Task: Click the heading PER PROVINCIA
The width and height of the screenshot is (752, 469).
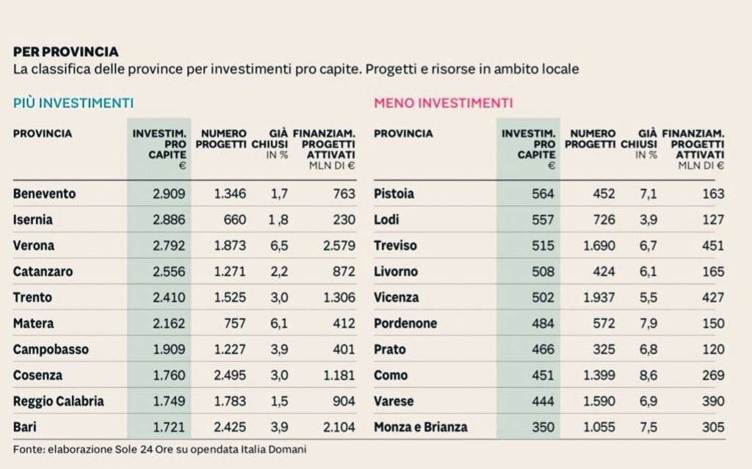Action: coord(65,52)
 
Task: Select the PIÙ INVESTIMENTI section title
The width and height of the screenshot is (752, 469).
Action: coord(73,103)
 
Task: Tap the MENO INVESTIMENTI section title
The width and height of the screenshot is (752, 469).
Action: coord(443,103)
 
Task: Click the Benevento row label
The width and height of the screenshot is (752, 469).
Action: coord(44,194)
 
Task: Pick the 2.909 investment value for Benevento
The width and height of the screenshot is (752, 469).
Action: coord(169,194)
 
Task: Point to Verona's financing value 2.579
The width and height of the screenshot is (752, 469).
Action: coord(337,246)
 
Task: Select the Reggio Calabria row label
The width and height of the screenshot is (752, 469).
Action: coord(58,401)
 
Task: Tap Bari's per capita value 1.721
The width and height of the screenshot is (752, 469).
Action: coord(169,427)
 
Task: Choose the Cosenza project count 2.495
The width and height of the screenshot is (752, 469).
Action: coord(230,376)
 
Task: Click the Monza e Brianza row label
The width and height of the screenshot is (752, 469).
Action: coord(420,427)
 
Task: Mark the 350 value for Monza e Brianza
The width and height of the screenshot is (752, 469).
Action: coord(543,427)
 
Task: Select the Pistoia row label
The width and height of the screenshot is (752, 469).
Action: coord(394,194)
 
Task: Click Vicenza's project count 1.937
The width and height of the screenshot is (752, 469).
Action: coord(599,298)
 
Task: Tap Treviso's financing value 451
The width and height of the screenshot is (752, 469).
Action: coord(712,246)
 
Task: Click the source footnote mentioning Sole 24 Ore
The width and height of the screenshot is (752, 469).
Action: coord(159,448)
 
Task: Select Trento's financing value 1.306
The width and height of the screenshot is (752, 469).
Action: coord(337,298)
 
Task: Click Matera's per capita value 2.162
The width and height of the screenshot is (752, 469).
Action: coord(169,324)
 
